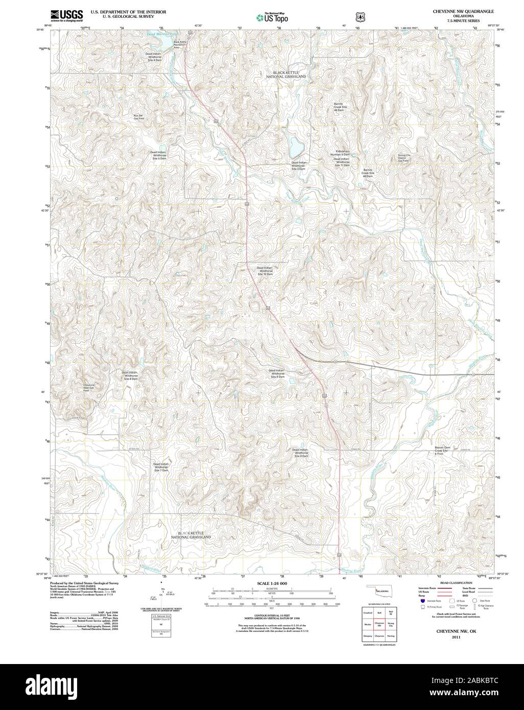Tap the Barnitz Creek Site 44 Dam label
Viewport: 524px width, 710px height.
pos(339,107)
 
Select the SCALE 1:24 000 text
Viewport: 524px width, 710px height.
pos(272,583)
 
